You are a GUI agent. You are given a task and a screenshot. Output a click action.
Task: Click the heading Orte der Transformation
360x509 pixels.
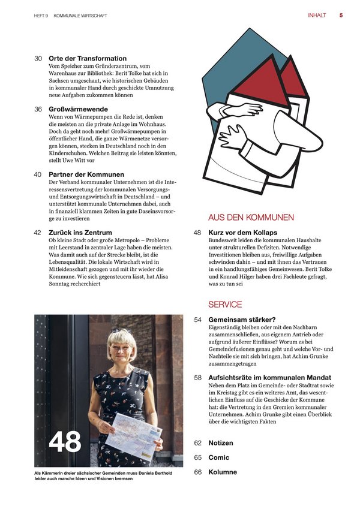point(88,58)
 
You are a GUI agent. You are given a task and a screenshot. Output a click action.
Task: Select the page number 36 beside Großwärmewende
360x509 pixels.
point(38,110)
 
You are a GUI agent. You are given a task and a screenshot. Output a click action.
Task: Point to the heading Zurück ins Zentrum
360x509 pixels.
point(80,232)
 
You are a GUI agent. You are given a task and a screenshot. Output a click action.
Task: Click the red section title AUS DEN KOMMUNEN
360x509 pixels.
point(251,217)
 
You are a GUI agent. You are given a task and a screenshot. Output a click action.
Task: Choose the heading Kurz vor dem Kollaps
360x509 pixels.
point(242,232)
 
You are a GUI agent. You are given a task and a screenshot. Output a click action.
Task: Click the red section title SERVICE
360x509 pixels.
point(225,305)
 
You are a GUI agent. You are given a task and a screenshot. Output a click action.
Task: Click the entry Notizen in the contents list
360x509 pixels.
point(221,442)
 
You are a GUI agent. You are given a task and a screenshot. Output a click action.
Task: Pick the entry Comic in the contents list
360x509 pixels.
point(219,457)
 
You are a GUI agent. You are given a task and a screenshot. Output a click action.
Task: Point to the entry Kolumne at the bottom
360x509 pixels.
point(223,472)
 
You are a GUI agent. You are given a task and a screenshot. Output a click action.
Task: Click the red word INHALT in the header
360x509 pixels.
point(317,16)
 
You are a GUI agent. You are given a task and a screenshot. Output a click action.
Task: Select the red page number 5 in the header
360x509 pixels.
point(341,16)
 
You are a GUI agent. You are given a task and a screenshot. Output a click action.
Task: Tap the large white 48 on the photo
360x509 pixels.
point(65,442)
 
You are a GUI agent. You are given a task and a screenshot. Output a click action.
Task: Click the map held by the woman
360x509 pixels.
point(133,432)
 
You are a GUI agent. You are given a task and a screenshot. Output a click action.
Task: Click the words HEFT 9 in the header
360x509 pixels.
point(41,16)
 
